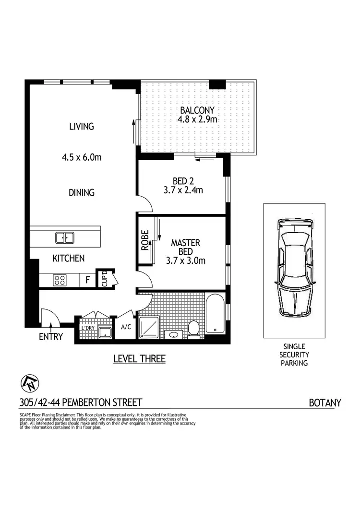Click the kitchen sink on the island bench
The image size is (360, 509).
[x=64, y=237]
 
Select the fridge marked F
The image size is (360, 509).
[x=87, y=280]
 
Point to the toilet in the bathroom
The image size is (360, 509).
[x=194, y=329]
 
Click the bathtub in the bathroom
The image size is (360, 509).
[x=215, y=315]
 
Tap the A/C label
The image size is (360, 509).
[x=126, y=328]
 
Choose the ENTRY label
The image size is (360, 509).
[x=51, y=337]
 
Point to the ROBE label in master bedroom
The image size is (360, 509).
[x=144, y=242]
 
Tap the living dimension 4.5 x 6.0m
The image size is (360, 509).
[x=81, y=157]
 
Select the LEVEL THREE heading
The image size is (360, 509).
[x=139, y=358]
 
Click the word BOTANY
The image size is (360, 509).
[x=324, y=402]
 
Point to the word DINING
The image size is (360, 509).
[x=81, y=192]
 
